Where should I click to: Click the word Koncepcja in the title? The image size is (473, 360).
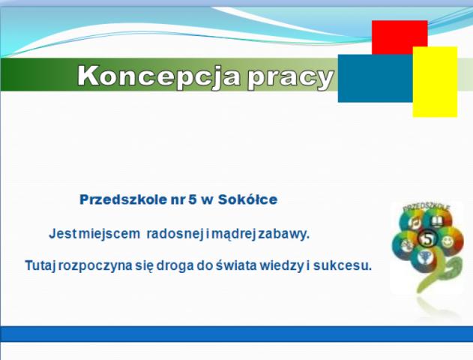[159, 77]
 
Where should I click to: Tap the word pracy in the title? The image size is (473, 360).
[291, 79]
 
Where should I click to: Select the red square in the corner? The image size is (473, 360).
[400, 37]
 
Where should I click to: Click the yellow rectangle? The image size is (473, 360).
[435, 82]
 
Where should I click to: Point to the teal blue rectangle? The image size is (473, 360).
[376, 79]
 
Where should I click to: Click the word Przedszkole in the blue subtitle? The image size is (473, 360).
[123, 199]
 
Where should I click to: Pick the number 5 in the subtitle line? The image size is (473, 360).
[192, 199]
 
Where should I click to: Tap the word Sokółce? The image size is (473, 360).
[247, 199]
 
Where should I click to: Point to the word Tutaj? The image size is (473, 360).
[40, 265]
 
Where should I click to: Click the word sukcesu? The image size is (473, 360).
[343, 265]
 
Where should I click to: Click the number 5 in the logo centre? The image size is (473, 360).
[428, 238]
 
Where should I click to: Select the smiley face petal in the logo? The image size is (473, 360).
[448, 241]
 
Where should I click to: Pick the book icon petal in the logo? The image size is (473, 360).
[436, 222]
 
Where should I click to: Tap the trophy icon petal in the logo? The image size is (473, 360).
[425, 258]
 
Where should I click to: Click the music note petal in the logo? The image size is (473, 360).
[414, 223]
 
